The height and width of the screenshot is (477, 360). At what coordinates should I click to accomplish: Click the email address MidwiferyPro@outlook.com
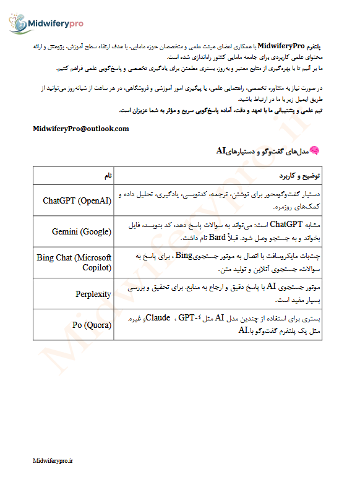pos(81,129)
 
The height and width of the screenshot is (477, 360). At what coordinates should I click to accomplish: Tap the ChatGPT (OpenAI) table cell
pos(77,200)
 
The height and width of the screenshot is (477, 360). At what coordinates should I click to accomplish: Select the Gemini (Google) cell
pos(82,231)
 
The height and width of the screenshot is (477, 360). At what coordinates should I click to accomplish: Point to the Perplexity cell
pos(93,293)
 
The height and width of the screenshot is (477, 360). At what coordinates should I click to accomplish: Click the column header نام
pos(108,176)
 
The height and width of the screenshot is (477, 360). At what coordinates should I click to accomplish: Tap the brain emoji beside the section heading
pos(314,150)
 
